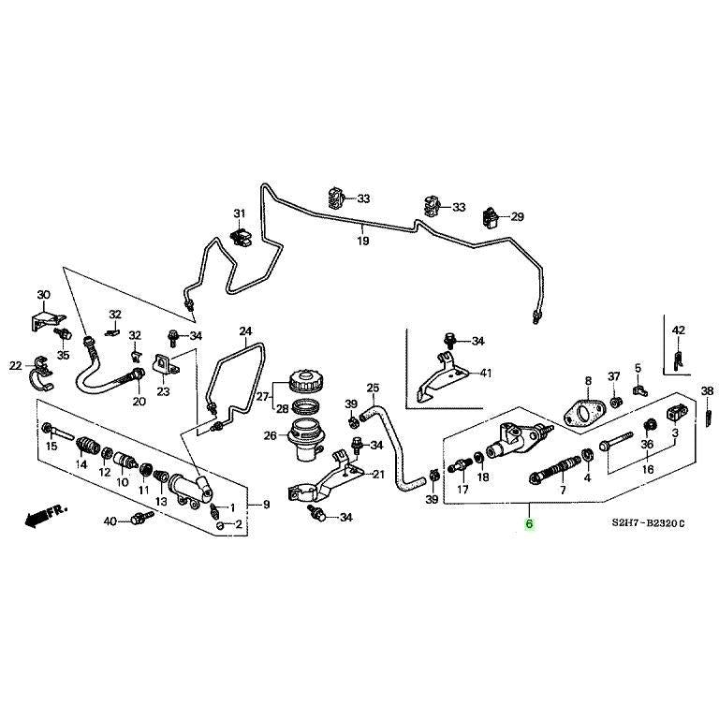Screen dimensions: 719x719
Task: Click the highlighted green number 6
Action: pos(529,525)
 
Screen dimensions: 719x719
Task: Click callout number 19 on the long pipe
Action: pos(362,241)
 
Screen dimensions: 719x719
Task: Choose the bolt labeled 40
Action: pos(141,519)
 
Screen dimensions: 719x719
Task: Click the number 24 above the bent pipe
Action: pos(246,331)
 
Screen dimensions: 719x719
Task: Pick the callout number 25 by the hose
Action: pos(372,388)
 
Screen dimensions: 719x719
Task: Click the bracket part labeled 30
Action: pos(43,318)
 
